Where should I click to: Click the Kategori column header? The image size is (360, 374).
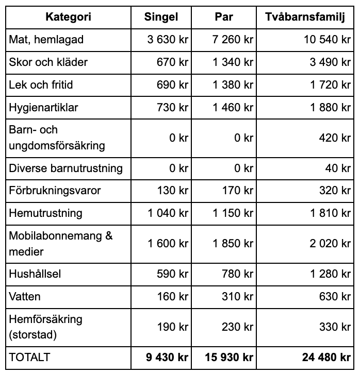pyautogui.click(x=68, y=17)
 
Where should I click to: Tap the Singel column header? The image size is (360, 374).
pyautogui.click(x=161, y=17)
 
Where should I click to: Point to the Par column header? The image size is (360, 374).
pyautogui.click(x=224, y=17)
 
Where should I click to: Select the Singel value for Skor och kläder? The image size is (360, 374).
pyautogui.click(x=172, y=62)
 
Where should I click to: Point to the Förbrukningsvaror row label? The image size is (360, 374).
pyautogui.click(x=55, y=191)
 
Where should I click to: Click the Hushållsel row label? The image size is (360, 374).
pyautogui.click(x=35, y=274)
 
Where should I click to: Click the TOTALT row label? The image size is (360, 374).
pyautogui.click(x=30, y=357)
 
